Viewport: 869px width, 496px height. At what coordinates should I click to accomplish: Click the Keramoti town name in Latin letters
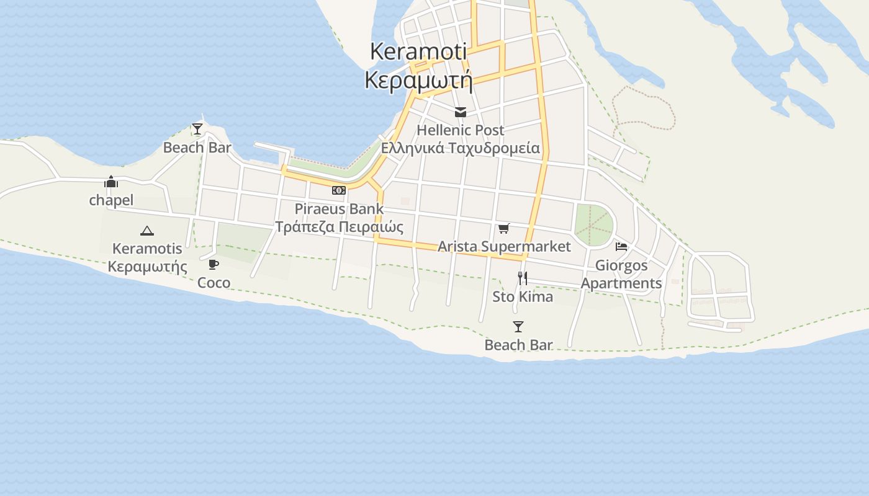pyautogui.click(x=418, y=51)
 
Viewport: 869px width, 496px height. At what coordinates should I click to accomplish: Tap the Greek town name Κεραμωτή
pyautogui.click(x=418, y=81)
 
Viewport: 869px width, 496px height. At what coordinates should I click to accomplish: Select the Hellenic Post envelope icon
pyautogui.click(x=461, y=112)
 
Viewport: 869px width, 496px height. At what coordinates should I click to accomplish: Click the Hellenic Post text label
pyautogui.click(x=461, y=130)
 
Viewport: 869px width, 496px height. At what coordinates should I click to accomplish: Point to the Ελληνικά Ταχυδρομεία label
pyautogui.click(x=461, y=148)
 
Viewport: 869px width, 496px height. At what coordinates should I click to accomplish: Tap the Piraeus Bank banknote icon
pyautogui.click(x=339, y=190)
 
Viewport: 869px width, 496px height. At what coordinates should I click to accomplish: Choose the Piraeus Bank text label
pyautogui.click(x=339, y=208)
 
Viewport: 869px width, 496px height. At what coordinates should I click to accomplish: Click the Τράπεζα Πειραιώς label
pyautogui.click(x=339, y=226)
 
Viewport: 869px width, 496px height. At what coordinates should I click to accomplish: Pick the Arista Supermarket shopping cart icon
pyautogui.click(x=504, y=228)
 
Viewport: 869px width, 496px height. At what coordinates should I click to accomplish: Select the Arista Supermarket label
pyautogui.click(x=504, y=246)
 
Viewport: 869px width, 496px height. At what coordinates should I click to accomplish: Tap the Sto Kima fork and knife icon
pyautogui.click(x=523, y=278)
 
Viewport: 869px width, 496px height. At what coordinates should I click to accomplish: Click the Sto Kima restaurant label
pyautogui.click(x=523, y=296)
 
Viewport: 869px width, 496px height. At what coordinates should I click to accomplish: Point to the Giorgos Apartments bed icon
pyautogui.click(x=621, y=247)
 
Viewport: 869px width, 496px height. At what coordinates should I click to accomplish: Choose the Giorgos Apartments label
pyautogui.click(x=621, y=274)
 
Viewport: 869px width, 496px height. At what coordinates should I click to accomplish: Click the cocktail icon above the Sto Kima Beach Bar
pyautogui.click(x=518, y=327)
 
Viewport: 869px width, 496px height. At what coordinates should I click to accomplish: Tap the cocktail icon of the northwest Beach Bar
pyautogui.click(x=197, y=129)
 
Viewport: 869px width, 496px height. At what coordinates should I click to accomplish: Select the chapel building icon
pyautogui.click(x=111, y=182)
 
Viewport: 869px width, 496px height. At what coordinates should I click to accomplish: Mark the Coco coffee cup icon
pyautogui.click(x=214, y=265)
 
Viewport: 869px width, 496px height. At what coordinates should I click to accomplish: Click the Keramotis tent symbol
pyautogui.click(x=147, y=231)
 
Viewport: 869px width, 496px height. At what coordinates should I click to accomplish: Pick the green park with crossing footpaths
pyautogui.click(x=593, y=225)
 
